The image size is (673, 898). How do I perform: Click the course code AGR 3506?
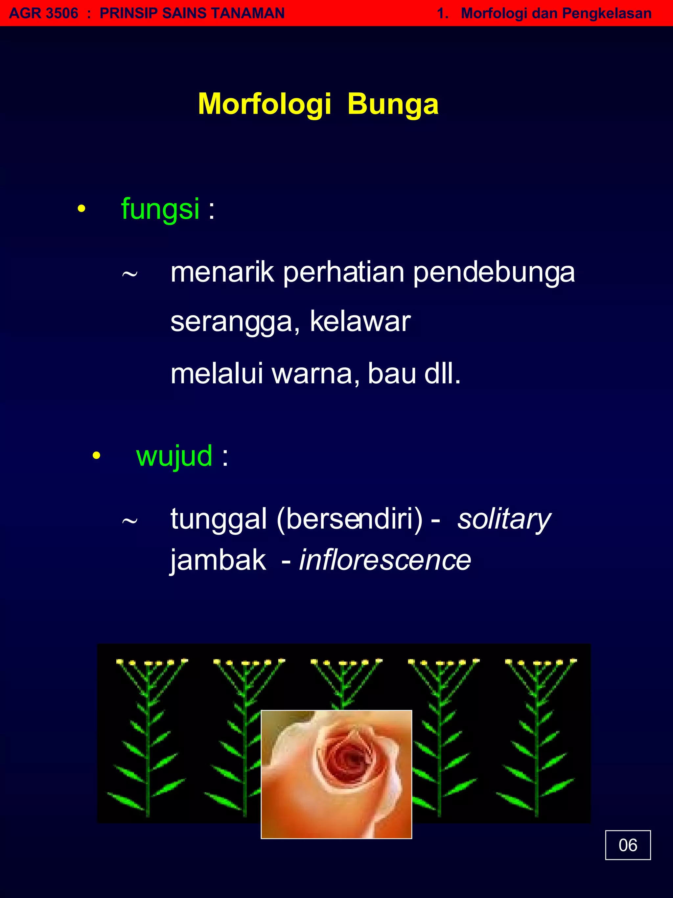pos(43,13)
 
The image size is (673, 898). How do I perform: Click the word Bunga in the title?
pos(393,104)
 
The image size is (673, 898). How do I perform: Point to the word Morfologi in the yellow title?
pos(265,104)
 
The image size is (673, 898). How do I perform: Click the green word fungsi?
pos(160,209)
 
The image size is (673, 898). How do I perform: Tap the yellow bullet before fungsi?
pos(81,209)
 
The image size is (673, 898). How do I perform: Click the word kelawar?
pos(360,322)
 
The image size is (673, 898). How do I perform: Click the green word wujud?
pos(174,456)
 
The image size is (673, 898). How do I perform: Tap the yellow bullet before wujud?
pos(96,455)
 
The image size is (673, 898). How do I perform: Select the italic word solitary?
pos(504,519)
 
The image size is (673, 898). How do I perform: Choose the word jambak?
pos(218,560)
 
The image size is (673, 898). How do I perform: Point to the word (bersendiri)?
pos(349,519)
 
